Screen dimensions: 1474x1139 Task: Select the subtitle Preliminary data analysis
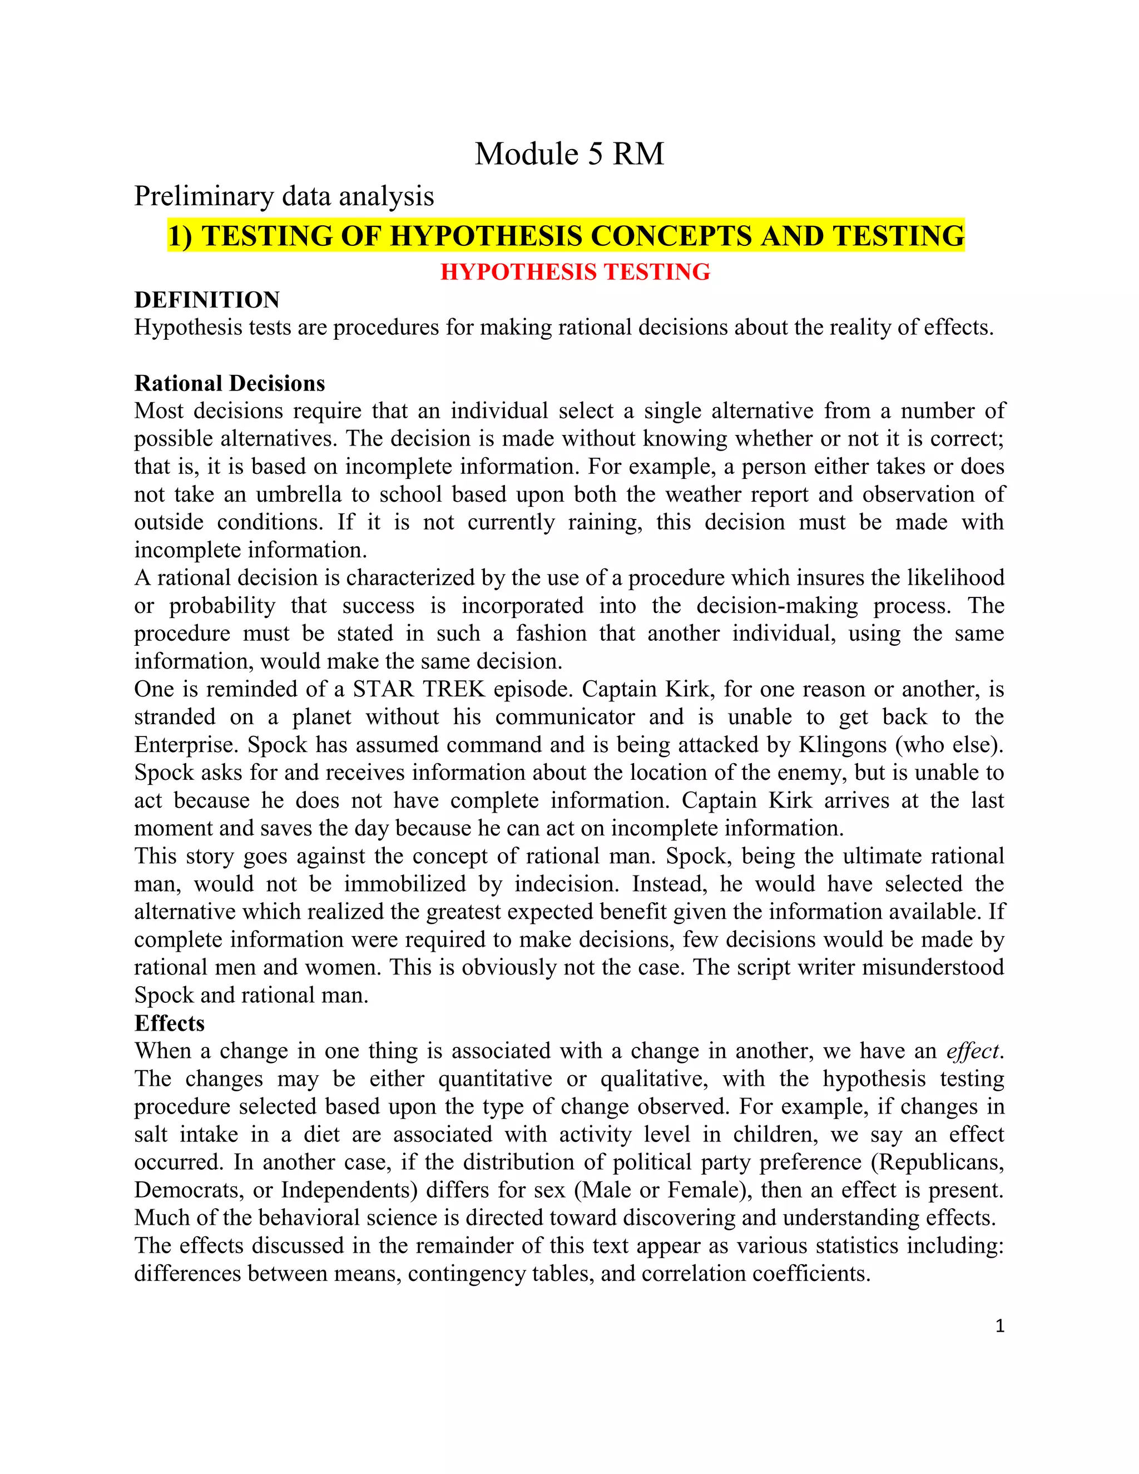click(x=284, y=196)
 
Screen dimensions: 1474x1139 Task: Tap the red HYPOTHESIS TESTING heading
click(x=575, y=272)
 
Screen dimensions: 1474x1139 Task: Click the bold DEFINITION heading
click(x=206, y=300)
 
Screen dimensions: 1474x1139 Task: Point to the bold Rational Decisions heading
click(x=230, y=383)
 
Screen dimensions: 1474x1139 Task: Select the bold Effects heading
click(x=170, y=1023)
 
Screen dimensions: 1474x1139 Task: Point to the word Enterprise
click(x=186, y=744)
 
